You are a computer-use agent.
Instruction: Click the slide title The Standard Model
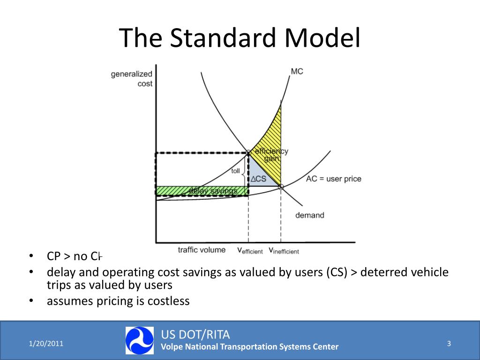coord(240,38)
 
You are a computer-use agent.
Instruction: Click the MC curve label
coord(297,71)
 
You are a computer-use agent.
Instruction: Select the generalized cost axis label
coord(132,78)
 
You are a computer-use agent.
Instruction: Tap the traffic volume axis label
coord(202,250)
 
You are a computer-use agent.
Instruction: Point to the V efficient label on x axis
coord(250,251)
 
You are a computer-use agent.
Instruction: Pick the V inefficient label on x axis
coord(284,251)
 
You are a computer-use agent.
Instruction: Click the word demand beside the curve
coord(309,215)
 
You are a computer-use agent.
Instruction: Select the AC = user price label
coord(333,179)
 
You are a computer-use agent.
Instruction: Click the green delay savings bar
coord(202,190)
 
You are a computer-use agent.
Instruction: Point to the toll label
coord(235,171)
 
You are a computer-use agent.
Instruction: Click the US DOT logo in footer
coord(139,340)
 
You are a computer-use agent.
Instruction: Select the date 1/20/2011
coord(46,344)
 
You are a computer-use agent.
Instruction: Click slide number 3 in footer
coord(449,344)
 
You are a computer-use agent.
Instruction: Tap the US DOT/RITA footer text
coord(195,334)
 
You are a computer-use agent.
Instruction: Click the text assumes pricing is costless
coord(118,301)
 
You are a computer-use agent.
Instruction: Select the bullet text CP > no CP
coord(74,256)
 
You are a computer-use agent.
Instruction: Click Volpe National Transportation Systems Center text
coord(249,347)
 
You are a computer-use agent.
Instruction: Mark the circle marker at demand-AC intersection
coord(281,186)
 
